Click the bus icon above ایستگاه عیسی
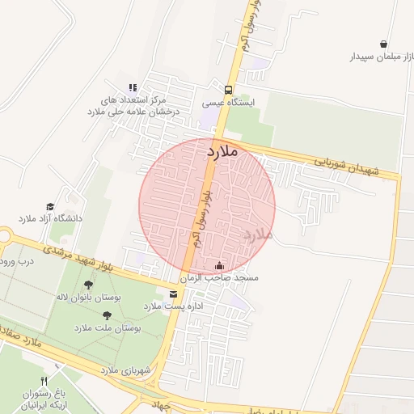click(229, 90)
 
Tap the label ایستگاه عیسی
click(229, 103)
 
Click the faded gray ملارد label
click(257, 234)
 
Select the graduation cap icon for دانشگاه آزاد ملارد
click(50, 207)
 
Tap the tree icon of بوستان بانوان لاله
click(88, 285)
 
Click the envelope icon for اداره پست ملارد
click(172, 294)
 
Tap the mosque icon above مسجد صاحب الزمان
click(219, 265)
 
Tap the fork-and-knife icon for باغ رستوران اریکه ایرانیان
click(44, 381)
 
